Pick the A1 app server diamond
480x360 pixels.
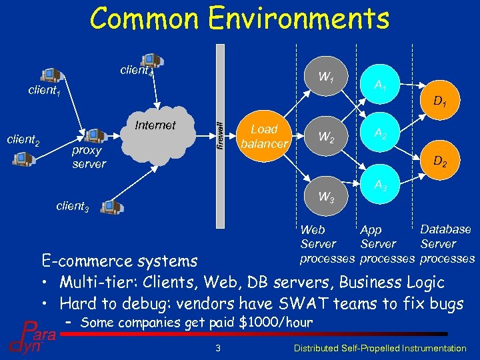coord(381,85)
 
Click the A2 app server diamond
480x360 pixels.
coord(381,134)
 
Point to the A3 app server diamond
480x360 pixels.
coord(381,187)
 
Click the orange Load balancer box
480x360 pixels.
coord(264,136)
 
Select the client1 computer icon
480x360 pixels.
coord(51,74)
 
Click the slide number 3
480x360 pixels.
coord(217,347)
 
